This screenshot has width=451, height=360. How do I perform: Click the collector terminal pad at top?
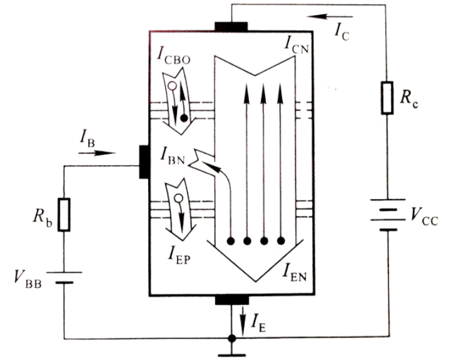231,26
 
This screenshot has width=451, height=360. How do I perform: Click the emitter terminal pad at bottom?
231,300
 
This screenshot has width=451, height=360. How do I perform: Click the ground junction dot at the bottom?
231,339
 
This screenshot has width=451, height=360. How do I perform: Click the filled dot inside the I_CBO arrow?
183,116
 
